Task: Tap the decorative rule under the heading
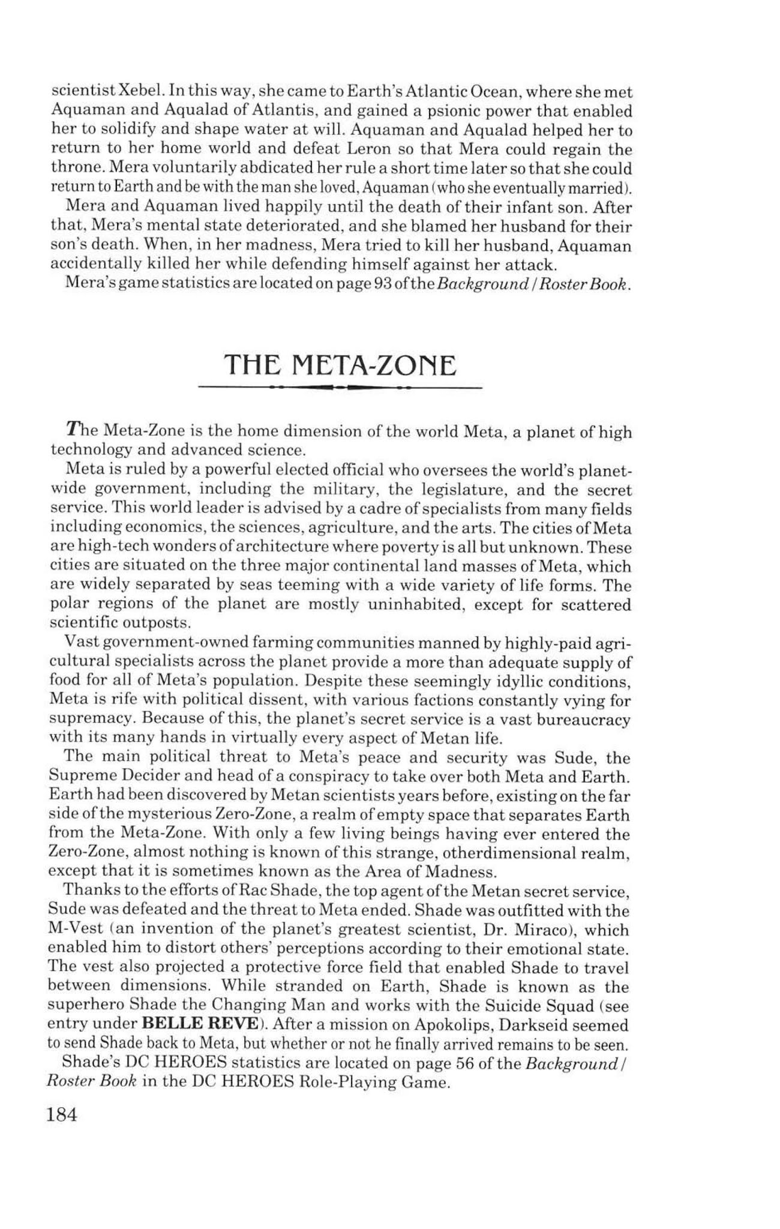point(340,388)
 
